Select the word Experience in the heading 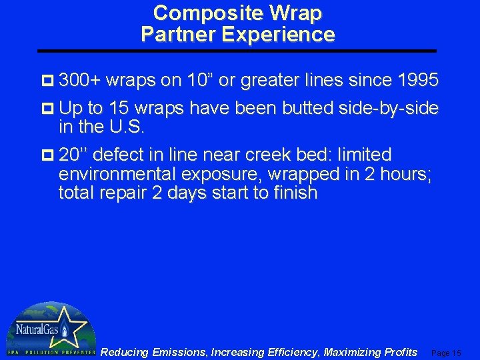277,34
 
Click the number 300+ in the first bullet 80,81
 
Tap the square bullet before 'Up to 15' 48,109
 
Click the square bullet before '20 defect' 48,155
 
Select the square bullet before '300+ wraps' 48,81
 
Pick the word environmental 117,175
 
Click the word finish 293,194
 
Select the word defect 126,155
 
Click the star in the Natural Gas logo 67,327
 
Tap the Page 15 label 446,353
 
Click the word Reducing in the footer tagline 124,352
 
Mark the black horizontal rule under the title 237,51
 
